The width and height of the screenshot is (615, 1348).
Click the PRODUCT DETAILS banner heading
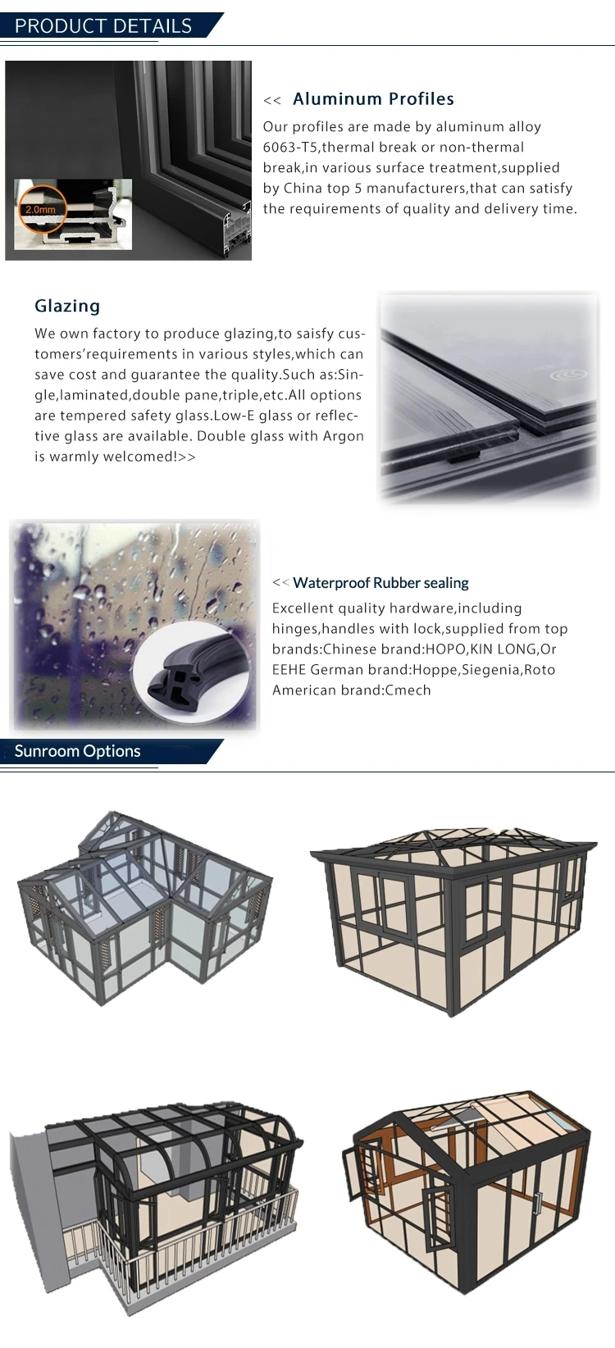(103, 25)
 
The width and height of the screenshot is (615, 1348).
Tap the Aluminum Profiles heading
(373, 99)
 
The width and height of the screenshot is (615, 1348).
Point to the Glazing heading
(67, 306)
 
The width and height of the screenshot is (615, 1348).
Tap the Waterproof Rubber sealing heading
(380, 583)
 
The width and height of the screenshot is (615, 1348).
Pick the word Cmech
(408, 690)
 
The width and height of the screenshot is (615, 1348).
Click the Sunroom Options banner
(78, 751)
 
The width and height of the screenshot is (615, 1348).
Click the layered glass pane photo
(488, 397)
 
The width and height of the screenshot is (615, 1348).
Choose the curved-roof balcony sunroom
(156, 1189)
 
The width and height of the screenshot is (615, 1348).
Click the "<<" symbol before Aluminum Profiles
(271, 101)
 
